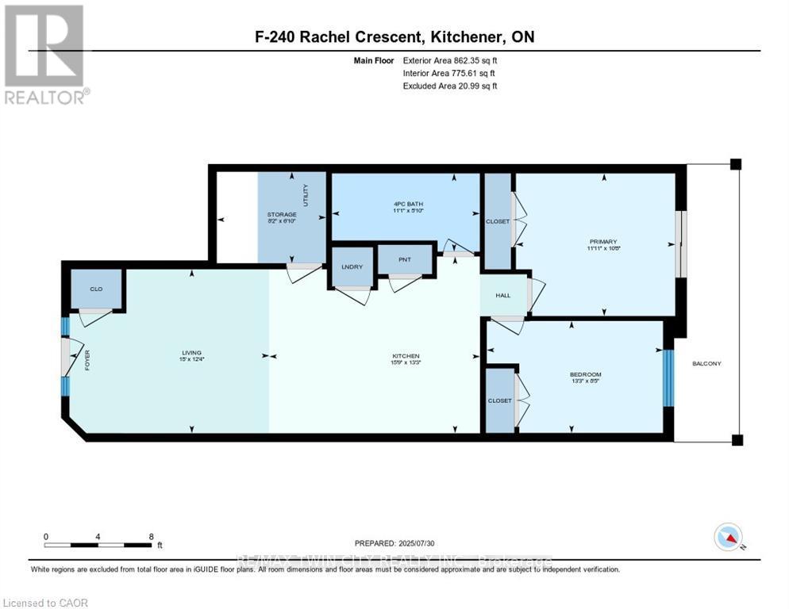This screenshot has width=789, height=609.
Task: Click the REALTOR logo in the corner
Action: (x=44, y=54)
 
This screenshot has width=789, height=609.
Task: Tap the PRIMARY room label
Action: (x=603, y=241)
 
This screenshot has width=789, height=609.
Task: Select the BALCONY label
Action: (x=706, y=363)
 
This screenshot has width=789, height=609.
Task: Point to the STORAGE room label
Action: (x=282, y=214)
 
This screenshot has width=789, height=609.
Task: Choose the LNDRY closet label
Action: (x=352, y=266)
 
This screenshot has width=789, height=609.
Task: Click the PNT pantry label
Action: (x=405, y=259)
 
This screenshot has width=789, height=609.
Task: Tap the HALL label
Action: (x=502, y=295)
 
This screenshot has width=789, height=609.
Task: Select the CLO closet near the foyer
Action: (x=96, y=289)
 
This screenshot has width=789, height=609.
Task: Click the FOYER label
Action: (x=87, y=361)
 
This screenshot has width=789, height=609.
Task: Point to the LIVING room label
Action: (x=191, y=353)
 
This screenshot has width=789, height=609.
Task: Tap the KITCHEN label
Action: (x=405, y=356)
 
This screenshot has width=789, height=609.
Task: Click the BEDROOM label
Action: (x=586, y=374)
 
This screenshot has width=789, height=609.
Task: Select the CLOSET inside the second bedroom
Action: (x=500, y=400)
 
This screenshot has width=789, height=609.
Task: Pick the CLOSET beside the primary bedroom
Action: (x=498, y=222)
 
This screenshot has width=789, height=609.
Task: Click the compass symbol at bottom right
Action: (x=728, y=537)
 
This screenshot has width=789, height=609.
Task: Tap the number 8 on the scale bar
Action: (x=151, y=536)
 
